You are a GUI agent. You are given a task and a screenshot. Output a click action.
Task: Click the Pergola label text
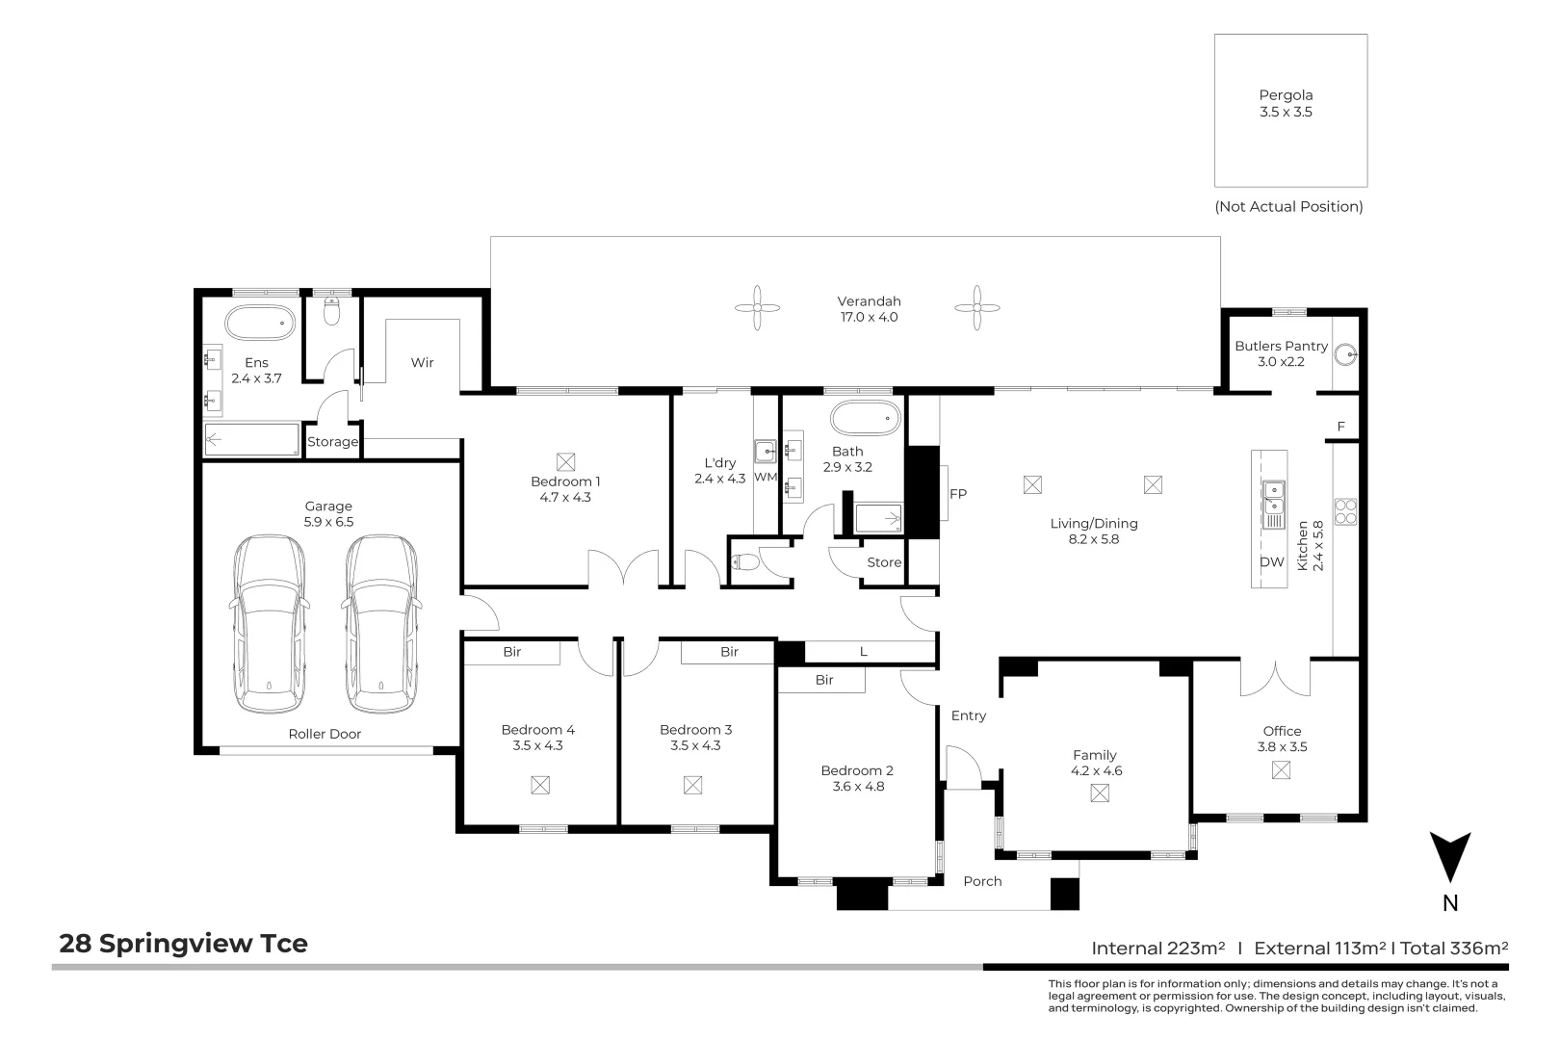pos(1286,95)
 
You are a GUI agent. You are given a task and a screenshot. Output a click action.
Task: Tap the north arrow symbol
pos(1449,857)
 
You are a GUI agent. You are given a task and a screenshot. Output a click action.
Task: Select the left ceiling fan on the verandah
pos(758,307)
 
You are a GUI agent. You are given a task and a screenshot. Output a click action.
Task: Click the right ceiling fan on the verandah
pos(977,307)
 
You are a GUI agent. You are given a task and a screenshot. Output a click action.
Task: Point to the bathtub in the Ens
pos(260,323)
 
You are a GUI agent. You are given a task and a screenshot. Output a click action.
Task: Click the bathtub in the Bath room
pos(865,418)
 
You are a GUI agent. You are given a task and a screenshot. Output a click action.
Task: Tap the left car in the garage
pos(270,623)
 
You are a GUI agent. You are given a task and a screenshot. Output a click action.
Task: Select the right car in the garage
pos(380,623)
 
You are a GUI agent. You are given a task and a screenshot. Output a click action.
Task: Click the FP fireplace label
pos(957,494)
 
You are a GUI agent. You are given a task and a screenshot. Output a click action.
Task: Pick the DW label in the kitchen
pos(1271,562)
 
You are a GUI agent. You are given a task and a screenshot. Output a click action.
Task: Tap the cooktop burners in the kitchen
pos(1345,511)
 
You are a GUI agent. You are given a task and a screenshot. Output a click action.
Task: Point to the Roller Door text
pos(325,734)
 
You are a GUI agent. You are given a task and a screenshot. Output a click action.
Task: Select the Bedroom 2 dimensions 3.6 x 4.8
pos(857,787)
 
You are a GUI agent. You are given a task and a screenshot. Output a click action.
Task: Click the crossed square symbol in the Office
pos(1281,770)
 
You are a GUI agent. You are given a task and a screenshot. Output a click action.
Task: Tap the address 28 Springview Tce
pos(183,944)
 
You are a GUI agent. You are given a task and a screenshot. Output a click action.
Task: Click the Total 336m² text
pos(1454,949)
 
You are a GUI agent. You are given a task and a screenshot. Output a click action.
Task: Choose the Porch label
pos(982,881)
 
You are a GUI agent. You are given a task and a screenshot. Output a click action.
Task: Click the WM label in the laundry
pos(765,478)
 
